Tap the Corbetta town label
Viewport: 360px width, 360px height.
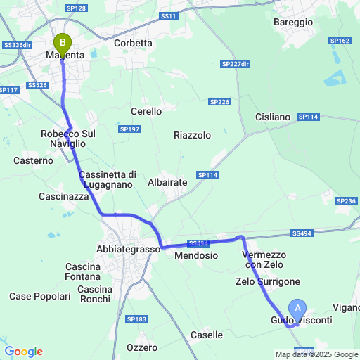[x=134, y=43]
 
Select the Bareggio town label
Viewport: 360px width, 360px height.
[x=292, y=22]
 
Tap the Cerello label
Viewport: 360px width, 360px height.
[x=146, y=111]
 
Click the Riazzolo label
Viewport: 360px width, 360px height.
[x=192, y=136]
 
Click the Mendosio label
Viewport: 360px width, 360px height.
[x=195, y=255]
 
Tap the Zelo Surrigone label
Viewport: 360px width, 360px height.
[x=268, y=281]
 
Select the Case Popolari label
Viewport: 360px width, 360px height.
[x=40, y=297]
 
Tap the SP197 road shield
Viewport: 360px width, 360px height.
[x=129, y=129]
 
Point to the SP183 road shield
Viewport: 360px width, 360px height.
[x=137, y=319]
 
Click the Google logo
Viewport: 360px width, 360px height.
[x=23, y=351]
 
